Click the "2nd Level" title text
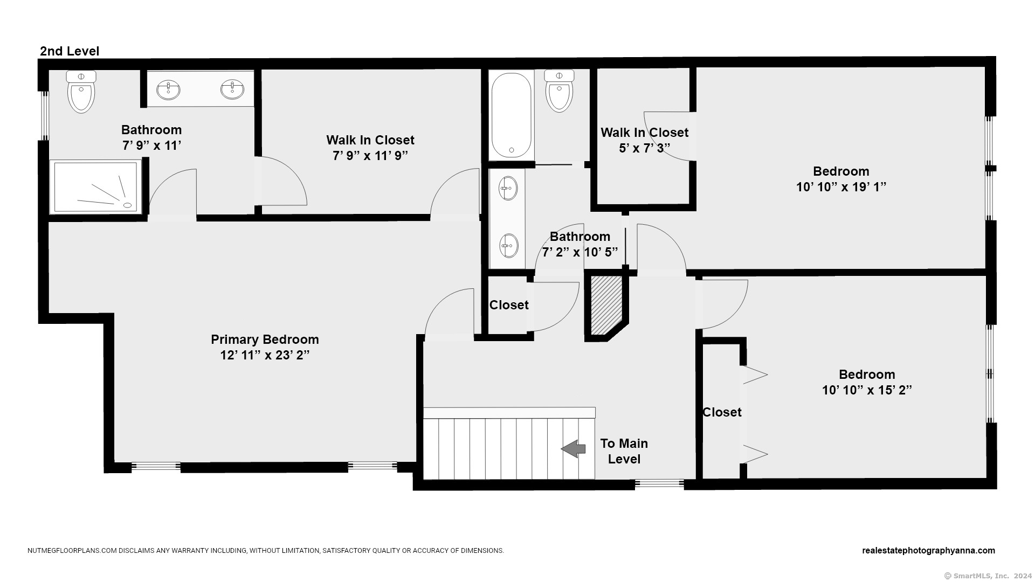coord(70,51)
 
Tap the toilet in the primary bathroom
coord(81,92)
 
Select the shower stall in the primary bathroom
coord(96,187)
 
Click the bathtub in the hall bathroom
coord(511,115)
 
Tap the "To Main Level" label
coord(624,451)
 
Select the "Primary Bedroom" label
coord(265,339)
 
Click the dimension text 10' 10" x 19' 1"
coord(841,187)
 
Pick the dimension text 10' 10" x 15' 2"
coord(867,390)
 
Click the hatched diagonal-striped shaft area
coord(607,306)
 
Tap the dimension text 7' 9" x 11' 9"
coord(370,156)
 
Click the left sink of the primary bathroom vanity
coord(169,90)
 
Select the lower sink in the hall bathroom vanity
coord(508,246)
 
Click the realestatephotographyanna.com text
coord(928,550)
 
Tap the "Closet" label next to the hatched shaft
coord(509,305)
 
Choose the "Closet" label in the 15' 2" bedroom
coord(722,412)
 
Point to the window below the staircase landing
coord(659,484)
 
